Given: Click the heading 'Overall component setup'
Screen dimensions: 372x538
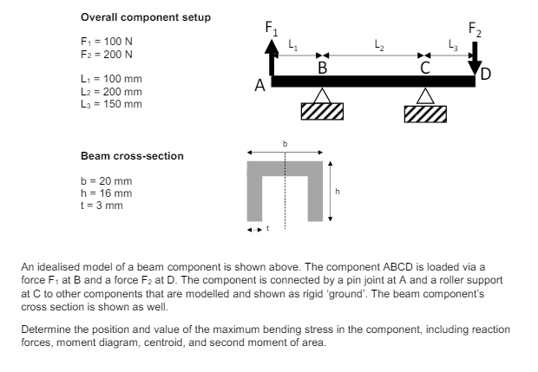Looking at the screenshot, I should (x=145, y=17).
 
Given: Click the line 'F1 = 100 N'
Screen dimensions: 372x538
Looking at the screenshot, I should (x=107, y=42).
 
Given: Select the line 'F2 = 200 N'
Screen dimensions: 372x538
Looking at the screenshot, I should (x=107, y=54).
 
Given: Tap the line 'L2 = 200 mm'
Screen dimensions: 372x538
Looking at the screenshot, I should (x=111, y=91).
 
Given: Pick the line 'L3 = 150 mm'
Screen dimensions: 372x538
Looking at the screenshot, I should (x=111, y=103).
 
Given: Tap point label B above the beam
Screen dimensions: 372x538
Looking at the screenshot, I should (x=322, y=67).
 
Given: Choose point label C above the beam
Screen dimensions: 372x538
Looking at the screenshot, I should (x=424, y=67).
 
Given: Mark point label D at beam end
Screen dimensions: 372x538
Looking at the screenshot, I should (x=485, y=73).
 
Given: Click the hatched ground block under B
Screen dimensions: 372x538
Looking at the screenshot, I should (x=322, y=110).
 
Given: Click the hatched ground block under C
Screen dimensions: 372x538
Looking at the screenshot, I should (x=425, y=114).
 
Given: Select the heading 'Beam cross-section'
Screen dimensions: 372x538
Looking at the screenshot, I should (x=132, y=156).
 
